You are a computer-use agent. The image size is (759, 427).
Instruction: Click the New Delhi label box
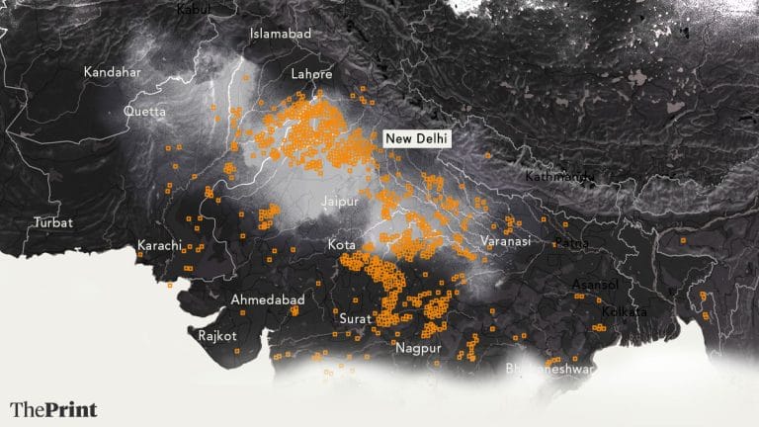pos(416,139)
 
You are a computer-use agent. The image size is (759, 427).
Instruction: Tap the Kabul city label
pos(194,9)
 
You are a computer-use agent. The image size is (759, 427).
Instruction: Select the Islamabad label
pos(281,34)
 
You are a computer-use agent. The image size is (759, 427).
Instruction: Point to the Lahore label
pos(310,74)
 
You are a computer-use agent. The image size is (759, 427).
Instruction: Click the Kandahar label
pos(112,72)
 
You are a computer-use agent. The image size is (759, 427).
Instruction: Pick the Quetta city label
pos(144,112)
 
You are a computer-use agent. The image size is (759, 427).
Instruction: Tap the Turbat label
pos(52,222)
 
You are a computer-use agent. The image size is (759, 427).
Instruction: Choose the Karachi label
pos(159,245)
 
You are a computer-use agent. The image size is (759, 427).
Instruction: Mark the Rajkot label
pos(216,336)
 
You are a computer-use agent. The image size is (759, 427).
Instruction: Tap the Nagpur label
pos(416,348)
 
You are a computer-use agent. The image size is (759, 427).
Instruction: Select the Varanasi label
pos(506,241)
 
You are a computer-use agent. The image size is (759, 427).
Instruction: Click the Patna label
pos(570,242)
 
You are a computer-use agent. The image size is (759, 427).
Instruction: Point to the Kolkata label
pos(624,311)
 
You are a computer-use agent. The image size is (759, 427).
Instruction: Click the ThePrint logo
pos(54,408)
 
